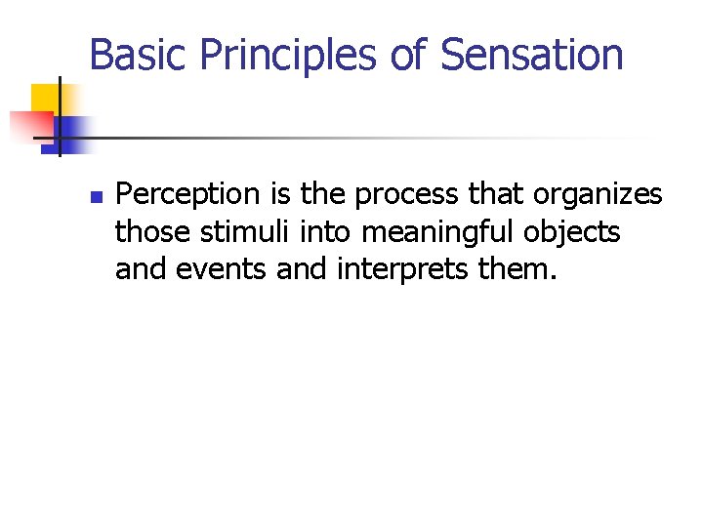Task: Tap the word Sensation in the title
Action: [532, 55]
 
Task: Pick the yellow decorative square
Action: [46, 100]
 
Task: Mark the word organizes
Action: [598, 196]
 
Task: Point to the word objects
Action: [576, 232]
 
